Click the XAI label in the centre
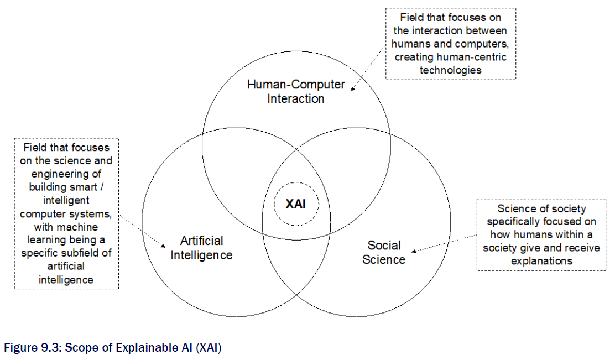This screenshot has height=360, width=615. click(x=295, y=204)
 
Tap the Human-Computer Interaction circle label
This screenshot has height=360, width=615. click(x=296, y=92)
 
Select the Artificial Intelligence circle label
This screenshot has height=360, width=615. click(x=201, y=248)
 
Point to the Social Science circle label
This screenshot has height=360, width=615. click(x=384, y=252)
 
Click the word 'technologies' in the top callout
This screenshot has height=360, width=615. click(x=451, y=70)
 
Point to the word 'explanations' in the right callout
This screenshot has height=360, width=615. click(x=542, y=260)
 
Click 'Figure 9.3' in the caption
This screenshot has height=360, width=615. click(x=28, y=348)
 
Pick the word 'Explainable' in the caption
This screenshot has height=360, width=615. click(x=146, y=348)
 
